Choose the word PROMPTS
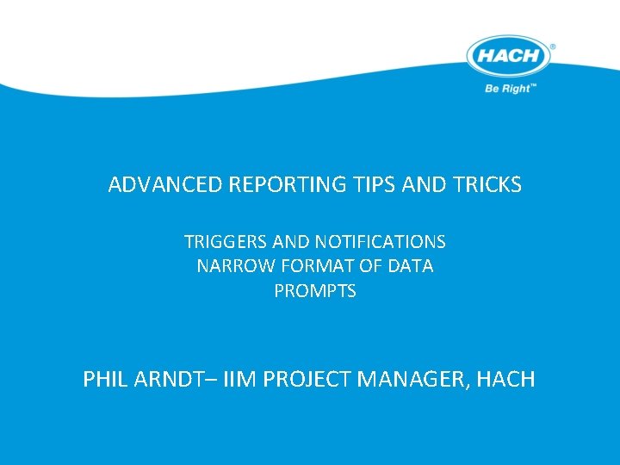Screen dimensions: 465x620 [x=315, y=291]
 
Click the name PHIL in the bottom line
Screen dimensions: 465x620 [x=106, y=379]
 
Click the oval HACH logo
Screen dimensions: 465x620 [x=508, y=58]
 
